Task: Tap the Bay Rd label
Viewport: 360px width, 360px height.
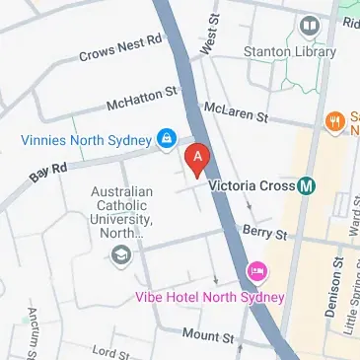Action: coord(47,174)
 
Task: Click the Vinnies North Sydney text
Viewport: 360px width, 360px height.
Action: coord(87,138)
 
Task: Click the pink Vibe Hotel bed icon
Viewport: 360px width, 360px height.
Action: coord(257,270)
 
